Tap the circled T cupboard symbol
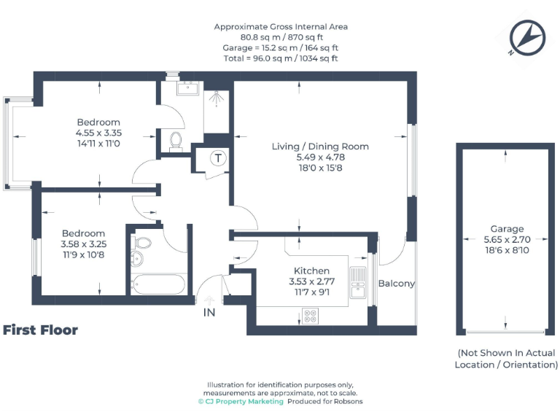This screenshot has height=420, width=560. pyautogui.click(x=217, y=157)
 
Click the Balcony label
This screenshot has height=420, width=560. pyautogui.click(x=396, y=284)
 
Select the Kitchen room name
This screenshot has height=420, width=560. pyautogui.click(x=311, y=271)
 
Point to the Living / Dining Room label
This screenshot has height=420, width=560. pyautogui.click(x=320, y=146)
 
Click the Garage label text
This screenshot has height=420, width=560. pyautogui.click(x=507, y=228)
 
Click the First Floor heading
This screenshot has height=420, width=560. pyautogui.click(x=41, y=330)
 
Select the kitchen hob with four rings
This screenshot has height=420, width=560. pyautogui.click(x=310, y=316)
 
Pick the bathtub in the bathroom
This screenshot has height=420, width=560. pyautogui.click(x=158, y=284)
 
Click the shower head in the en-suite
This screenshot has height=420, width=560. pyautogui.click(x=217, y=96)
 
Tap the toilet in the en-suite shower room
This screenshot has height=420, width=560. pyautogui.click(x=175, y=139)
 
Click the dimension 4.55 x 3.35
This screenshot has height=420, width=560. pyautogui.click(x=98, y=133)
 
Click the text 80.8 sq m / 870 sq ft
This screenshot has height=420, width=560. pyautogui.click(x=281, y=36)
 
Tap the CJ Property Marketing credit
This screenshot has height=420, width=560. pyautogui.click(x=241, y=402)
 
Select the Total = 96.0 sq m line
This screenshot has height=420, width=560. pyautogui.click(x=281, y=58)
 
